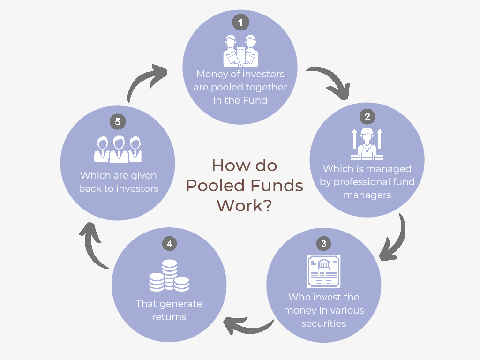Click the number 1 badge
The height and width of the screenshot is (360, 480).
pyautogui.click(x=240, y=22)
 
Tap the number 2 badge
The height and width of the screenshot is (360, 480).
pyautogui.click(x=367, y=116)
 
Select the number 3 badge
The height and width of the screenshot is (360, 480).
pyautogui.click(x=323, y=244)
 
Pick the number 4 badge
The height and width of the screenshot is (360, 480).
pyautogui.click(x=169, y=244)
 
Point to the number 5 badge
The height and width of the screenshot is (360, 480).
pyautogui.click(x=117, y=122)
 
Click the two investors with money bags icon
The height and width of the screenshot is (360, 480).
pyautogui.click(x=240, y=51)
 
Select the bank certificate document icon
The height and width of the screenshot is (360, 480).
pyautogui.click(x=323, y=271)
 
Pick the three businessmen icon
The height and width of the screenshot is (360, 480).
pyautogui.click(x=118, y=150)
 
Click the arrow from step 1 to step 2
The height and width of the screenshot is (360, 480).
pyautogui.click(x=330, y=82)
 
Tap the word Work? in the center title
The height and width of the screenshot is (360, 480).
pyautogui.click(x=244, y=206)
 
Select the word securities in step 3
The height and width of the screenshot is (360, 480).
pyautogui.click(x=323, y=323)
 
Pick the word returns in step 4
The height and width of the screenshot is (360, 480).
pyautogui.click(x=169, y=317)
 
